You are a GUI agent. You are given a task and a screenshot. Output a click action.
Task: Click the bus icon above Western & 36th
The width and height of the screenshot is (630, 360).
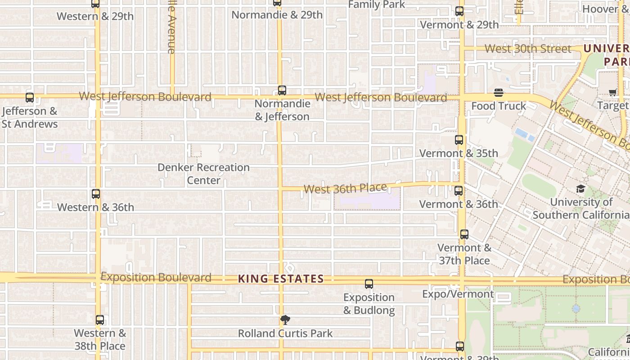[x=95, y=194]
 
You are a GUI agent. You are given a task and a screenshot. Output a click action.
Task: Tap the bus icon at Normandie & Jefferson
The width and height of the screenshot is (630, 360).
[x=282, y=90]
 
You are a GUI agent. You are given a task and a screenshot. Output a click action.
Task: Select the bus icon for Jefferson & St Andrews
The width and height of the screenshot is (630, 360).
[x=30, y=97]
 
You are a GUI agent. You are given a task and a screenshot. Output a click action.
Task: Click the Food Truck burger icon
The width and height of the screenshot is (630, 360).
[x=499, y=93]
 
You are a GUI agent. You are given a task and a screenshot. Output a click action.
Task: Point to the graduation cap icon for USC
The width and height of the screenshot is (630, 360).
[x=580, y=189]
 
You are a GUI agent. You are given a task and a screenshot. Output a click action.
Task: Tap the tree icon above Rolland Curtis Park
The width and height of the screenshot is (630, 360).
[x=285, y=320]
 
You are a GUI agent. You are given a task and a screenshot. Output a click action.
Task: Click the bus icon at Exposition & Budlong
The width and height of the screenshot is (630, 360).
[x=369, y=284]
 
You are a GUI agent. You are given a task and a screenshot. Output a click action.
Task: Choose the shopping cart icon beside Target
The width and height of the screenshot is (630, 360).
[x=612, y=93]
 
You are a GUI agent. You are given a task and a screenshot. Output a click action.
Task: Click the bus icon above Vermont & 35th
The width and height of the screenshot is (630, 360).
[x=459, y=140]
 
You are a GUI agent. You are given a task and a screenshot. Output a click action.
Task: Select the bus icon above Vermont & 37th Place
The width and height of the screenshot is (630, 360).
[x=464, y=234]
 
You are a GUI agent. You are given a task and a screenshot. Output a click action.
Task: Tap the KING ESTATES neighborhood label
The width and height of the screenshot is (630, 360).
[x=281, y=279]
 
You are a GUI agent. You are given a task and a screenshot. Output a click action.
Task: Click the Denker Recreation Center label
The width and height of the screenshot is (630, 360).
[x=203, y=174]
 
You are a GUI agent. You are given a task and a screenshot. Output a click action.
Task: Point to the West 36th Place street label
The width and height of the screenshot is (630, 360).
[x=345, y=189]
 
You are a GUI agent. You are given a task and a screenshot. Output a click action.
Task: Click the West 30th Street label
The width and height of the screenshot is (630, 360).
[x=528, y=49]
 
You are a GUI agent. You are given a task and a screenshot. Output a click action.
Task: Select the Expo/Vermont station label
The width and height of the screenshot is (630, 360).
[x=458, y=294]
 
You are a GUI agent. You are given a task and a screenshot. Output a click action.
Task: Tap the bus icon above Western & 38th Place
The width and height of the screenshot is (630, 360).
[x=100, y=320]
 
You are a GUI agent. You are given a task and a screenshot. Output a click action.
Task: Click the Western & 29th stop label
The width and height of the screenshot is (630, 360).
[x=95, y=16]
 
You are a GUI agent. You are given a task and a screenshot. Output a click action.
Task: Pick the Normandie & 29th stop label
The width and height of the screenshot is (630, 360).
[x=277, y=15]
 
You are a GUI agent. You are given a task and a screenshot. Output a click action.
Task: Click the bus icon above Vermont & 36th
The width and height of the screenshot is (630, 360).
[x=459, y=191]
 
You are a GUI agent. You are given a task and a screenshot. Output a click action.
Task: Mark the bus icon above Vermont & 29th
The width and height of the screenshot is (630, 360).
[x=459, y=12]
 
